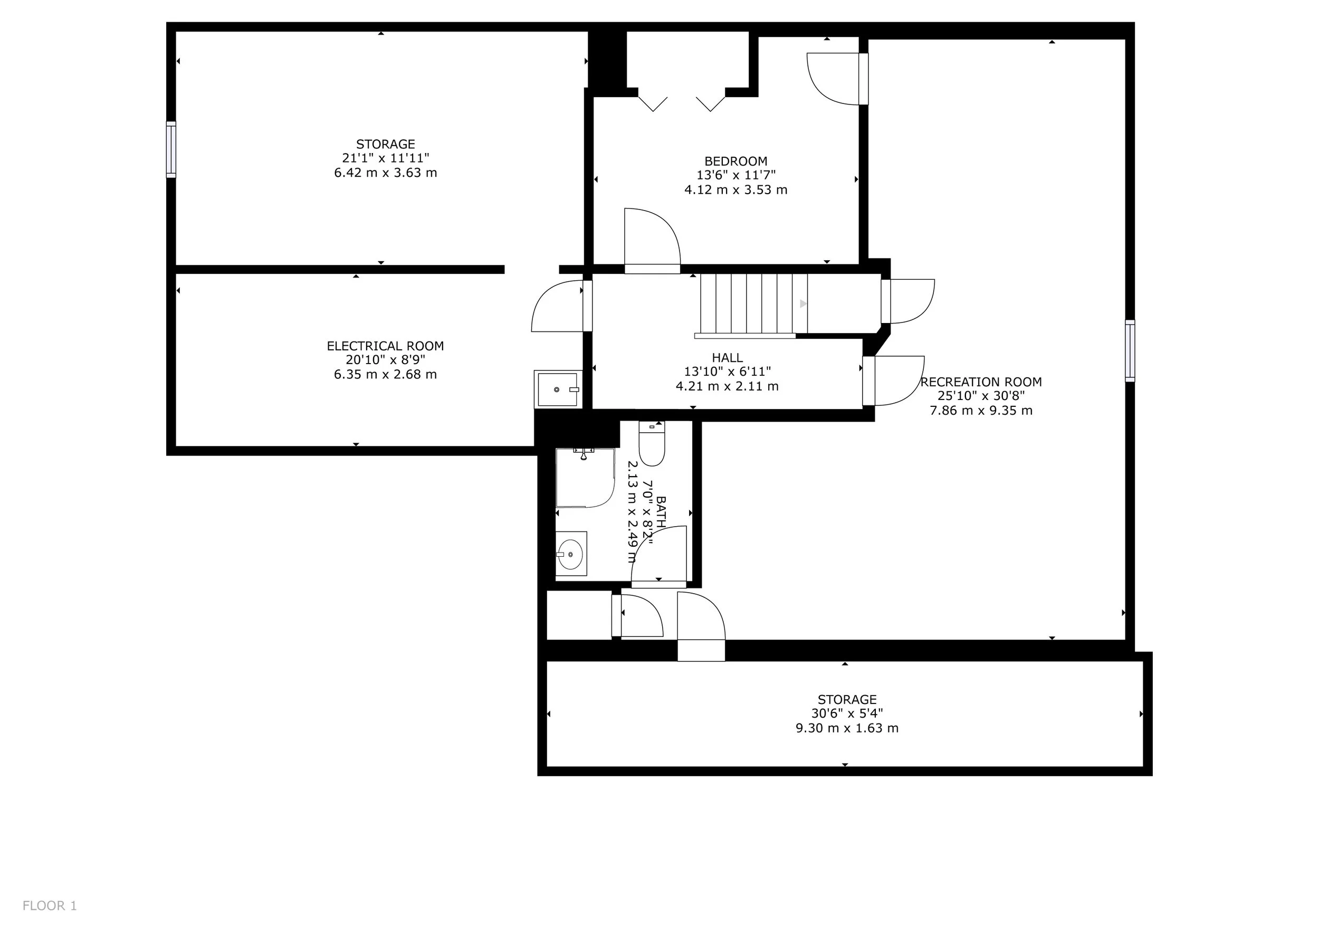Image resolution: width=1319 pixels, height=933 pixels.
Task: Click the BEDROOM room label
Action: click(736, 161)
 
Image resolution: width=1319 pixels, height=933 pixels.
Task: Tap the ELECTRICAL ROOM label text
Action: click(386, 346)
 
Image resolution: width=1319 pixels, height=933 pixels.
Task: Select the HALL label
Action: click(727, 358)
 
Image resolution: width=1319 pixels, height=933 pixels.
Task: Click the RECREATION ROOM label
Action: click(981, 382)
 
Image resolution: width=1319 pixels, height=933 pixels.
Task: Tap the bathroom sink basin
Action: click(571, 554)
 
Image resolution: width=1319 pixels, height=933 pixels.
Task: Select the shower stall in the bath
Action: click(585, 478)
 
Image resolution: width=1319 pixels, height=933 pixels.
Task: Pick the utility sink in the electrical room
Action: click(558, 389)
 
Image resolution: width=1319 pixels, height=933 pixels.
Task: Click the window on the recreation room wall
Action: click(1130, 350)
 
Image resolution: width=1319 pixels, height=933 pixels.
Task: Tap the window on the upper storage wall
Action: click(171, 149)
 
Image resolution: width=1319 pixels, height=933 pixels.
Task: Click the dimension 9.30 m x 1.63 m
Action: click(847, 728)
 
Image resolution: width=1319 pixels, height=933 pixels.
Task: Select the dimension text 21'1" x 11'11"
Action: click(386, 158)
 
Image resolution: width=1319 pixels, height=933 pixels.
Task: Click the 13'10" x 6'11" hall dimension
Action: click(727, 372)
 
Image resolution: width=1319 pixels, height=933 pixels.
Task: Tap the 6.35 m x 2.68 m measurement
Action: click(386, 375)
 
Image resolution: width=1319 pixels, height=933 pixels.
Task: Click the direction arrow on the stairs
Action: click(803, 303)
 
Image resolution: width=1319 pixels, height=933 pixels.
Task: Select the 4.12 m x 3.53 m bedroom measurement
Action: click(736, 189)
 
